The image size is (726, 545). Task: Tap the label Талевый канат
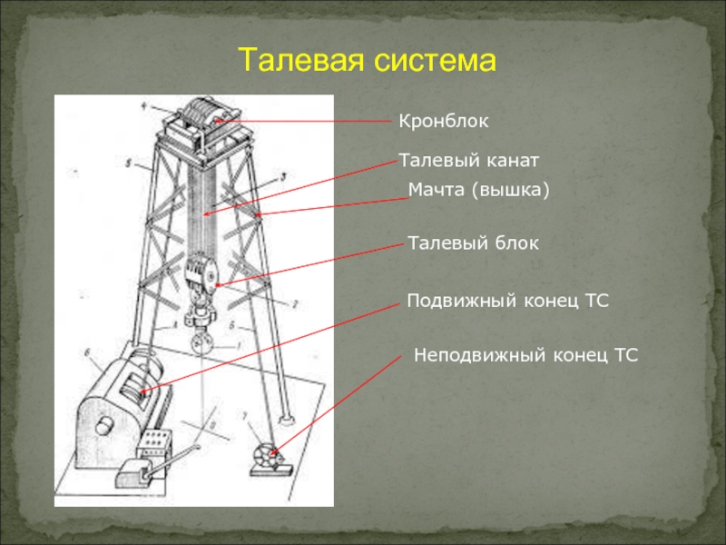point(469,161)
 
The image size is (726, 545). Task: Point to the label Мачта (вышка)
point(479,190)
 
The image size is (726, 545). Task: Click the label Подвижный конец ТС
point(506,299)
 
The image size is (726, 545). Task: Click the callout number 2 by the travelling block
point(295,302)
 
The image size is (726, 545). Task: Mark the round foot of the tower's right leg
point(287,419)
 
